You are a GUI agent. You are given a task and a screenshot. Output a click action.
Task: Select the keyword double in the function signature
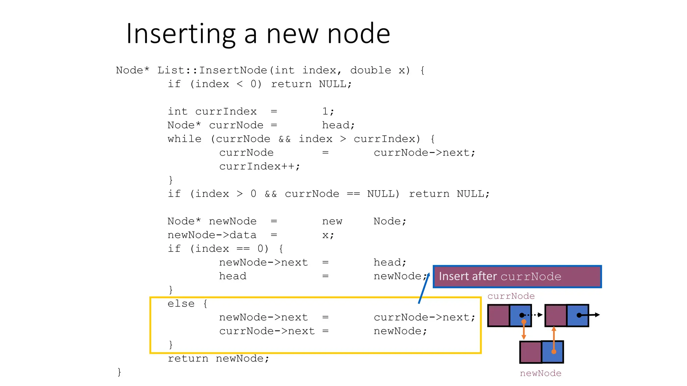370,70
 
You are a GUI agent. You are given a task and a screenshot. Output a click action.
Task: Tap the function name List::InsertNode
212,70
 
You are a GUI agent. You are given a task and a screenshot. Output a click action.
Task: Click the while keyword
184,139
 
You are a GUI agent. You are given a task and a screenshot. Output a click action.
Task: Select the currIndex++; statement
260,167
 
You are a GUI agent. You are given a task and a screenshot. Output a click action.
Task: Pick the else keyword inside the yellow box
181,304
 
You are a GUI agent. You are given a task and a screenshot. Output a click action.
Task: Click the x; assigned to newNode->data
328,235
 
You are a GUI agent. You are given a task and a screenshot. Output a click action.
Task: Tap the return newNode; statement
218,359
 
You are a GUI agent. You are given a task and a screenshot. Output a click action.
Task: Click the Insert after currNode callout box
517,276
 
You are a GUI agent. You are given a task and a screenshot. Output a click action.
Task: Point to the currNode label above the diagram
511,296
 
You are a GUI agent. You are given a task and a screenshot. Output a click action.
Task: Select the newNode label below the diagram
540,373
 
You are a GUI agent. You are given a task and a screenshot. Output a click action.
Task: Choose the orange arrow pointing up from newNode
554,339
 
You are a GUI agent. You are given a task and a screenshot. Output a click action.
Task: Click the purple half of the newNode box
531,352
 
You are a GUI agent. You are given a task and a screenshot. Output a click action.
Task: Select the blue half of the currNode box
520,315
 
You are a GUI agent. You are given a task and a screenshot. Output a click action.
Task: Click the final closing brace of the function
119,372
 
